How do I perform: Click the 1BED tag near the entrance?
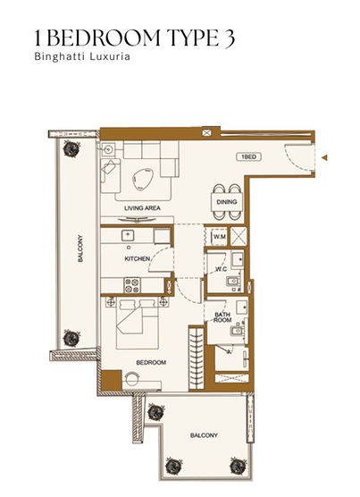pos(249,156)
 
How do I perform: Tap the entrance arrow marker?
pos(324,157)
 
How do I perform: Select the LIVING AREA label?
pos(142,208)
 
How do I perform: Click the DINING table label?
pos(227,202)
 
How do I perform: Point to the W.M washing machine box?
pos(220,237)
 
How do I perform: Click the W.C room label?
pos(221,269)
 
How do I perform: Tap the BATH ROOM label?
pos(222,317)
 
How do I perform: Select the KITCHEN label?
pos(137,258)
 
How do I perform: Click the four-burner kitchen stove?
pos(132,285)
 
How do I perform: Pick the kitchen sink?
pos(128,235)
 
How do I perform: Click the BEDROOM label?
pos(151,362)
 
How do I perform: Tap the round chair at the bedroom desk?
pos(132,378)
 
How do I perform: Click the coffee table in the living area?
pos(143,179)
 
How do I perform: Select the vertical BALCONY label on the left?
pos(80,248)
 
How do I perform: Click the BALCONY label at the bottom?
pos(204,435)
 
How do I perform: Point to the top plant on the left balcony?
pos(71,148)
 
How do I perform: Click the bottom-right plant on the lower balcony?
pos(238,466)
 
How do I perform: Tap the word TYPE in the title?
pos(189,38)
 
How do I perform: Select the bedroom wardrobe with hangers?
pos(197,358)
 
